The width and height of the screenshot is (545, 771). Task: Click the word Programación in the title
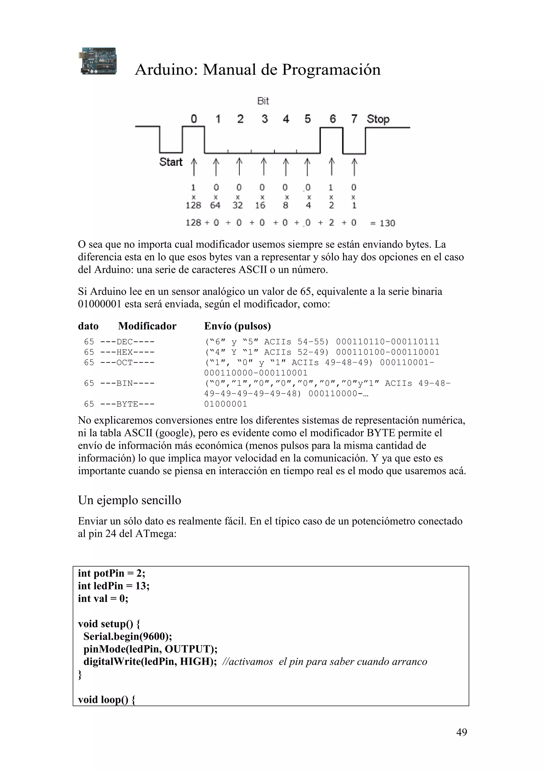point(331,70)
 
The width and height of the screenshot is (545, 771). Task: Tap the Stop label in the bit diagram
point(378,119)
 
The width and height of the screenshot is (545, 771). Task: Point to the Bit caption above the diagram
point(263,101)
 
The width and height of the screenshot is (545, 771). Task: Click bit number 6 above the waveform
point(332,119)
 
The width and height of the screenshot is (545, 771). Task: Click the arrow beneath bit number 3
point(264,167)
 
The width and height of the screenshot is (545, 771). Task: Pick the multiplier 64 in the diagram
point(215,205)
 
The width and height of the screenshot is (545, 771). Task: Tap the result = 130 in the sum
point(383,223)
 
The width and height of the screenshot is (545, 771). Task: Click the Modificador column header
point(147,326)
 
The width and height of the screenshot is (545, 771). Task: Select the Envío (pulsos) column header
point(237,326)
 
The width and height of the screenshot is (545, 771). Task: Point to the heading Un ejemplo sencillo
point(129,500)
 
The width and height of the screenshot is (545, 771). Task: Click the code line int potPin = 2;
point(112,573)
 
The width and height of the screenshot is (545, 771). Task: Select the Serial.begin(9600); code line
point(128,636)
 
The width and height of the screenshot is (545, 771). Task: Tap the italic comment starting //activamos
point(324,662)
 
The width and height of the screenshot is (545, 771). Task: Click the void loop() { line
point(106,699)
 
